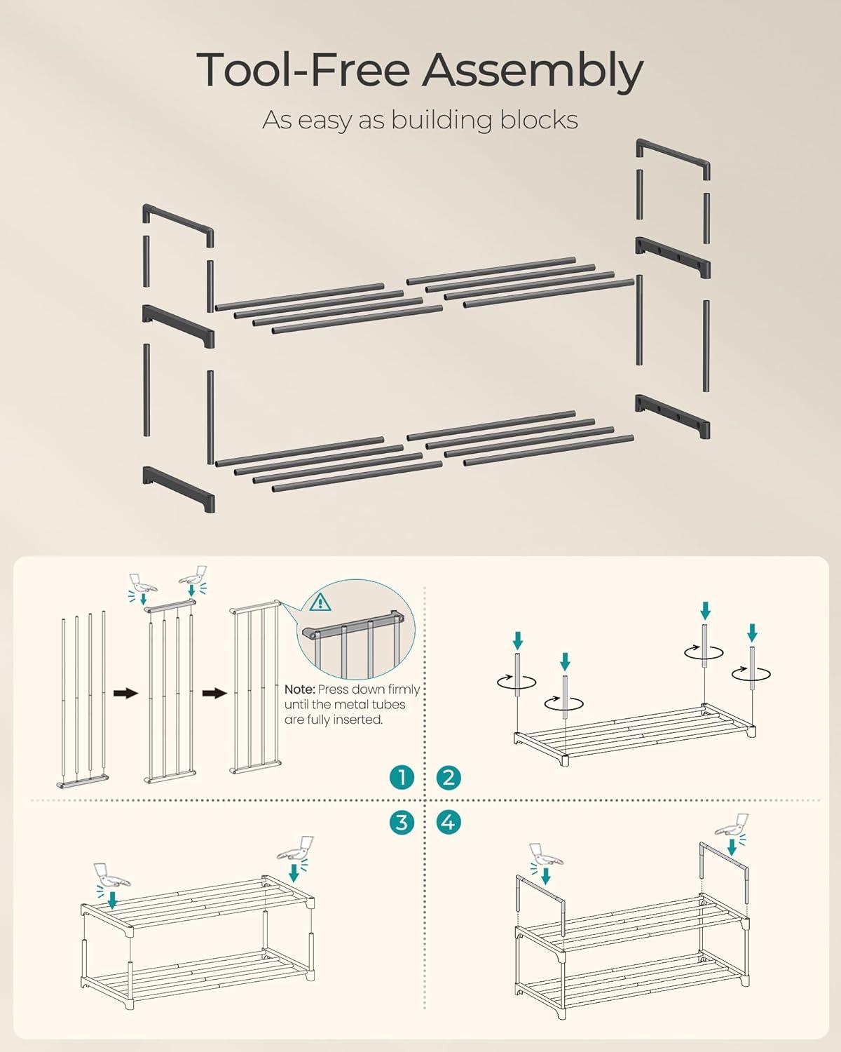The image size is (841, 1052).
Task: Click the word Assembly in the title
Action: pos(533,71)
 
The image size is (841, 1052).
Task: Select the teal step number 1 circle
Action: pos(402,777)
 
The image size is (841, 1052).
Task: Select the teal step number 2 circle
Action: pos(448,777)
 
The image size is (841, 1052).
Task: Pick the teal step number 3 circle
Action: pos(402,822)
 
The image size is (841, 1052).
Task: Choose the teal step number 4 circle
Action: pos(448,822)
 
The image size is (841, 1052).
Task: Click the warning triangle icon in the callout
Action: pos(320,602)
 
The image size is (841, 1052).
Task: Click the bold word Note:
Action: pos(299,689)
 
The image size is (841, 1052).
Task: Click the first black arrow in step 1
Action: pos(125,693)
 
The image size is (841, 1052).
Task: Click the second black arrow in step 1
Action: pos(214,693)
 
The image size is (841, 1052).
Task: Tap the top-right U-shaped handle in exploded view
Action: pos(673,159)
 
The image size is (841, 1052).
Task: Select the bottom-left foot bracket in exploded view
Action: pos(179,489)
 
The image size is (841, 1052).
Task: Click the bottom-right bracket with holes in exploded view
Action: pos(673,416)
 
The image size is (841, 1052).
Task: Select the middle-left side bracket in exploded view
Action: pos(179,326)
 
